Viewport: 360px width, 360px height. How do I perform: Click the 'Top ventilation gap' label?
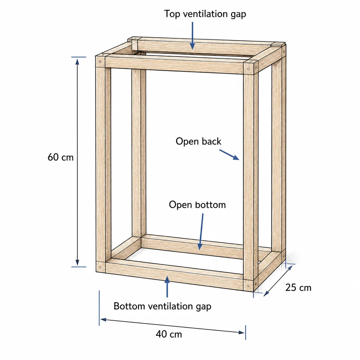(x=205, y=14)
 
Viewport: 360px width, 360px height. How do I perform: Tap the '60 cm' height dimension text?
(x=60, y=157)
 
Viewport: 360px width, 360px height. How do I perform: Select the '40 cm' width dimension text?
(x=169, y=334)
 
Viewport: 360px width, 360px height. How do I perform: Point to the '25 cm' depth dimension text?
(x=298, y=288)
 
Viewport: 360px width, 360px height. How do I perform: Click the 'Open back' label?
(x=198, y=141)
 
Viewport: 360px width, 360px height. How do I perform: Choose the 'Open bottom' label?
(x=197, y=205)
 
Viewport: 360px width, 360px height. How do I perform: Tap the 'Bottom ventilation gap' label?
(x=162, y=307)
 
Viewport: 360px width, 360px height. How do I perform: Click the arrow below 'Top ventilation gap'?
(x=192, y=36)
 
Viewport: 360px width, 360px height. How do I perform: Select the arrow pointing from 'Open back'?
(x=229, y=155)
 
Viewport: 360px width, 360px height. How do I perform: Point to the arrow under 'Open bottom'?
(x=201, y=231)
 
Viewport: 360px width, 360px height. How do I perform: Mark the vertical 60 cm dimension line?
(x=77, y=162)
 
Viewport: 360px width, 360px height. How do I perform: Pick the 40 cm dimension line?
(x=172, y=326)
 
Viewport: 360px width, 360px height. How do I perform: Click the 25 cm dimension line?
(x=278, y=281)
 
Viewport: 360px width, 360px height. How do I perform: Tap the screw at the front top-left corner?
(x=100, y=62)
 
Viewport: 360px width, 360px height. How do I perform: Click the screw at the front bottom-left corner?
(x=100, y=267)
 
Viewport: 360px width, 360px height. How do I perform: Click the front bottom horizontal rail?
(x=174, y=275)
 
